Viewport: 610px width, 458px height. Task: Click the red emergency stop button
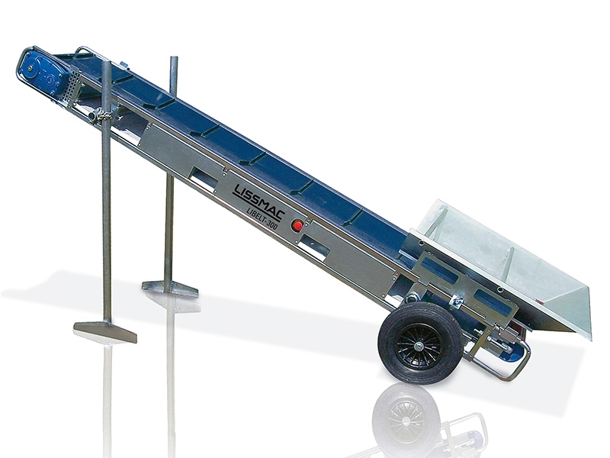point(297,225)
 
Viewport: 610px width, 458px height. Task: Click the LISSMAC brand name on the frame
point(258,202)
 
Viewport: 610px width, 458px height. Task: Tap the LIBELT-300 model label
point(262,218)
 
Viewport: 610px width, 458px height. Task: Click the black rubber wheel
point(421,343)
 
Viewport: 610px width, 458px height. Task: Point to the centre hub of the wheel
point(419,345)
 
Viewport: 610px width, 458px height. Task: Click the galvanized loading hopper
point(506,265)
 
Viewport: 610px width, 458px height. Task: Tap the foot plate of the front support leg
point(105,331)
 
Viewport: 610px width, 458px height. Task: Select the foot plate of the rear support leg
point(170,288)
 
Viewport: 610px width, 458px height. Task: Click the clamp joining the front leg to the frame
point(104,114)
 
